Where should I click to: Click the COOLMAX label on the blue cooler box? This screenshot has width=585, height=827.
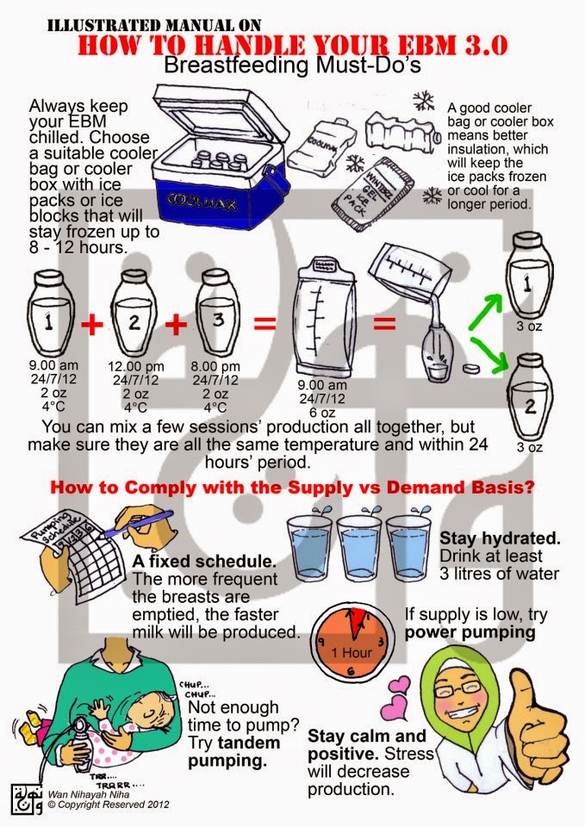tap(202, 201)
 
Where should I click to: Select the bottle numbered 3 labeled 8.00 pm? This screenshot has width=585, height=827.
tap(217, 312)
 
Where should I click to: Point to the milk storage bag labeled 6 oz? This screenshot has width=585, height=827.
tap(322, 316)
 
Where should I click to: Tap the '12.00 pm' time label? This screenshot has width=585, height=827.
tap(136, 366)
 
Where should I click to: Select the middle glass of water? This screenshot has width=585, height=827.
tap(358, 547)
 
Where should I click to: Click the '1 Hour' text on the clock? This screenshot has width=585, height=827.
tap(352, 652)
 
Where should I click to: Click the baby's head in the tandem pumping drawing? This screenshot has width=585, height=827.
tap(154, 713)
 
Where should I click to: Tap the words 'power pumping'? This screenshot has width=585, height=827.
tap(470, 631)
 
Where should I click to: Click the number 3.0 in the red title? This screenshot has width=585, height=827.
tap(485, 46)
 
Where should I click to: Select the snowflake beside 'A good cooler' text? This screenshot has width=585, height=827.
tap(423, 100)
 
